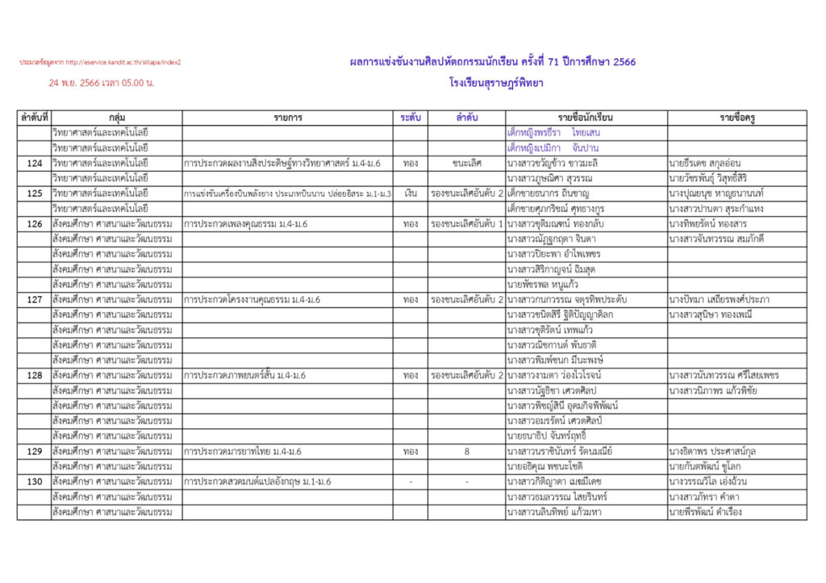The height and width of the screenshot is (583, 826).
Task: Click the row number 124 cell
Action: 34,163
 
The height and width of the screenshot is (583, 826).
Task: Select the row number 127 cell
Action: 34,300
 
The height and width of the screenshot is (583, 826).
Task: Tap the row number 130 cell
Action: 34,481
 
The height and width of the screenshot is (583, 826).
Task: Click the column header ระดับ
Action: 410,118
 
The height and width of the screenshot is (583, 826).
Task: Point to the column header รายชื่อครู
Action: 736,118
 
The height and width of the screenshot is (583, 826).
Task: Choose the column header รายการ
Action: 287,118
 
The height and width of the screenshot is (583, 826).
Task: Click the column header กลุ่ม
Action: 116,118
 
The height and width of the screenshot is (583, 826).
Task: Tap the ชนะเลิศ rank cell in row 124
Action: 467,163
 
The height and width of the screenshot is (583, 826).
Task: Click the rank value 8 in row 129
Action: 467,452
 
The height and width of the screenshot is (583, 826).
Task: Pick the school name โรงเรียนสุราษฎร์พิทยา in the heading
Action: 496,82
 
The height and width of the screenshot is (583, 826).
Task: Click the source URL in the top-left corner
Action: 100,62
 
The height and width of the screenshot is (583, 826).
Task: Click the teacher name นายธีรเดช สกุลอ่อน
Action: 711,163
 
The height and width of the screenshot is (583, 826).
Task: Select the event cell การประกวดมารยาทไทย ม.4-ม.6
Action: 243,452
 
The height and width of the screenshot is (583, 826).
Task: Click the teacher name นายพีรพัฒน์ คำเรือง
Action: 705,512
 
